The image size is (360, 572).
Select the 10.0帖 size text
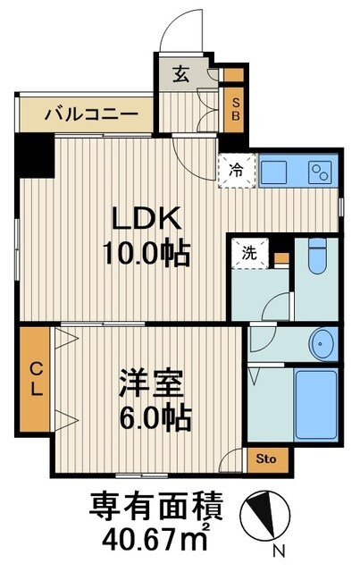pos(148,255)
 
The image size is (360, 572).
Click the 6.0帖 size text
pos(155,416)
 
